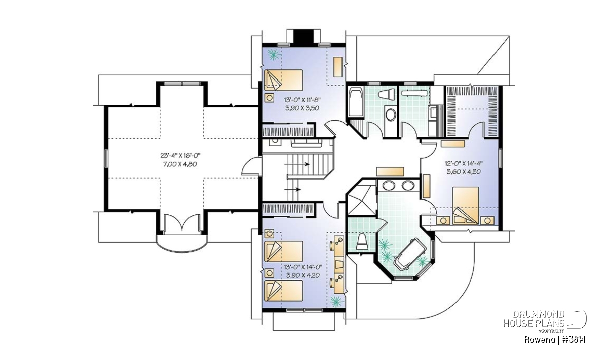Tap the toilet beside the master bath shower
pyautogui.click(x=362, y=242)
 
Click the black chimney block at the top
pyautogui.click(x=303, y=36)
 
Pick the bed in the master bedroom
pyautogui.click(x=466, y=206)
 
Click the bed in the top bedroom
pyautogui.click(x=284, y=80)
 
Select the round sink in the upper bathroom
pyautogui.click(x=391, y=115)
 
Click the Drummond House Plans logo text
pyautogui.click(x=534, y=319)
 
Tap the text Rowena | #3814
pyautogui.click(x=555, y=340)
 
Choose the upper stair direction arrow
pyautogui.click(x=297, y=164)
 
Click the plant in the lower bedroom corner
pyautogui.click(x=336, y=301)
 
